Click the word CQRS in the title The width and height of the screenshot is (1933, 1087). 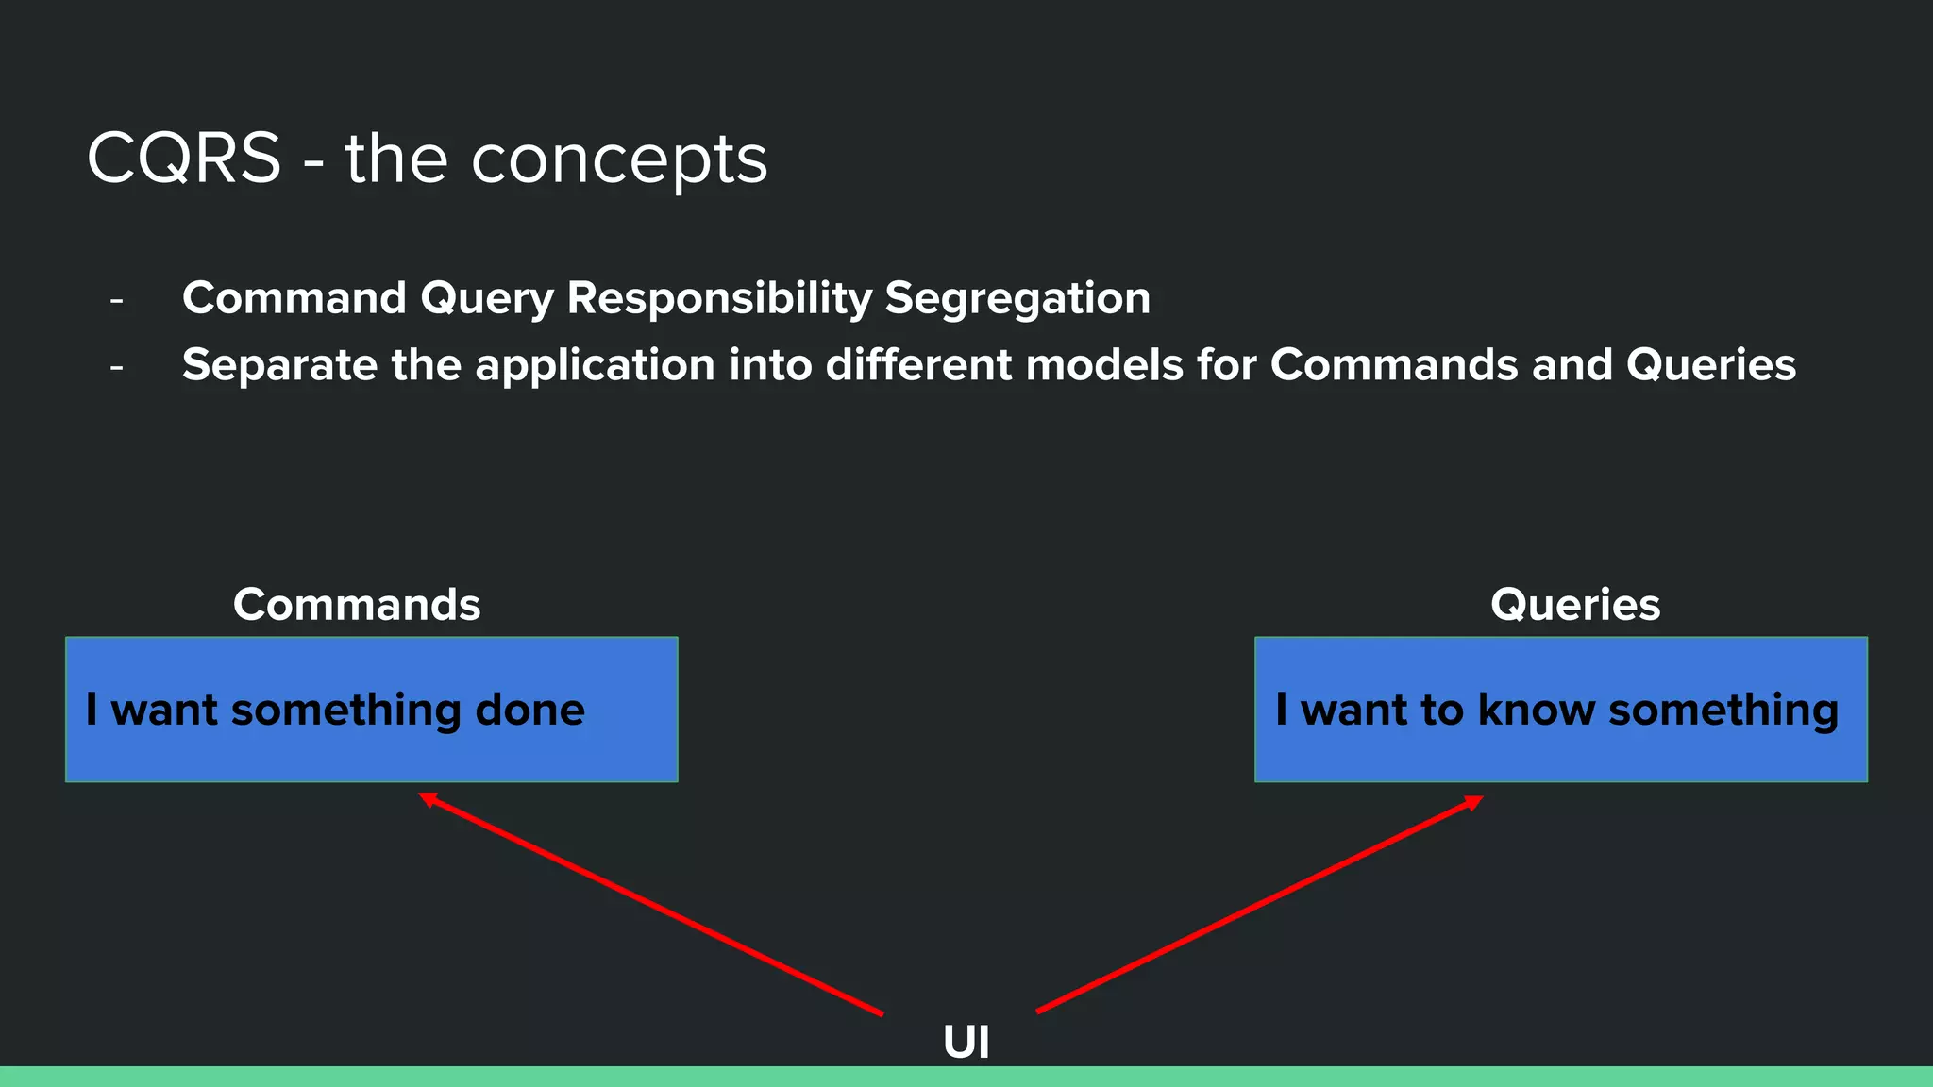184,159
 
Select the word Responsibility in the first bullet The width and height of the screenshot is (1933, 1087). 719,298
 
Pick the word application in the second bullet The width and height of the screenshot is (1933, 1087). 595,366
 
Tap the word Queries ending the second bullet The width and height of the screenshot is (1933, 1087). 1710,365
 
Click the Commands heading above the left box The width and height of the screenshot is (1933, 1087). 357,605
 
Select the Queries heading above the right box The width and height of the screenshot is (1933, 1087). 1574,605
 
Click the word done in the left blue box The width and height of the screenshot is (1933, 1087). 529,710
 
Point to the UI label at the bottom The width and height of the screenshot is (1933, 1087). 966,1043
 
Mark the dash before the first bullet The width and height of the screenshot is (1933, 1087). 117,301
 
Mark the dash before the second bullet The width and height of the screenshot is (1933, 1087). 117,367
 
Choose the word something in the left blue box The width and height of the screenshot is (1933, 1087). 345,711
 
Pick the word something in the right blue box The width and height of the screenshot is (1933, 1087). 1723,711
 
